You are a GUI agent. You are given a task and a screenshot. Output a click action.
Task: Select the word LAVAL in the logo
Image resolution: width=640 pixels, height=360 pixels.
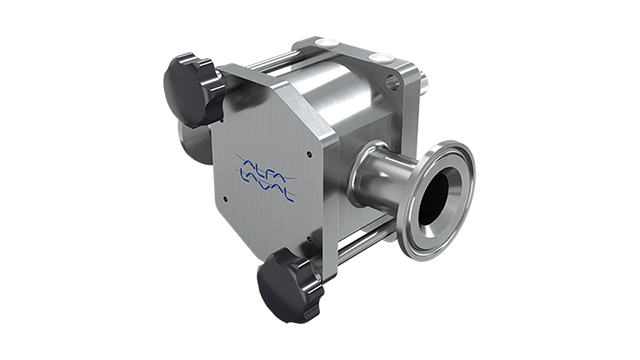pyautogui.click(x=269, y=187)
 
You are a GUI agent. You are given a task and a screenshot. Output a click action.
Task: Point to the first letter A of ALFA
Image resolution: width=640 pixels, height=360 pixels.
pyautogui.click(x=246, y=160)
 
